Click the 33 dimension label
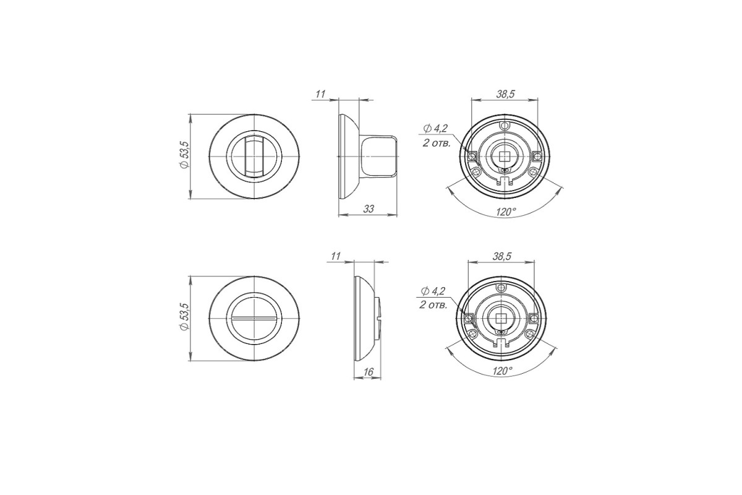click(x=369, y=209)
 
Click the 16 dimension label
click(x=369, y=372)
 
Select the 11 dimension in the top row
click(x=320, y=94)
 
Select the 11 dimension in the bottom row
click(x=336, y=256)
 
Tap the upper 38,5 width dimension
click(x=505, y=94)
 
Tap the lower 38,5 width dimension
click(x=502, y=256)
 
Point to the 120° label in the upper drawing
click(x=506, y=212)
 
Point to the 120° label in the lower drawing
click(x=503, y=371)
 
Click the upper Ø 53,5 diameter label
click(x=184, y=155)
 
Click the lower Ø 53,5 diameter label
click(x=184, y=317)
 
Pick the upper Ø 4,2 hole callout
click(x=435, y=128)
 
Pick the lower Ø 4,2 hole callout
click(x=433, y=291)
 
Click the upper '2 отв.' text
click(x=437, y=144)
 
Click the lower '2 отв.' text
click(x=433, y=305)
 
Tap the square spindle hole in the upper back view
click(x=504, y=156)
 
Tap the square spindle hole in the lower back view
click(x=501, y=318)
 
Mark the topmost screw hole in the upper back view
click(x=505, y=126)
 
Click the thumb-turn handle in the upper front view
click(x=254, y=156)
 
